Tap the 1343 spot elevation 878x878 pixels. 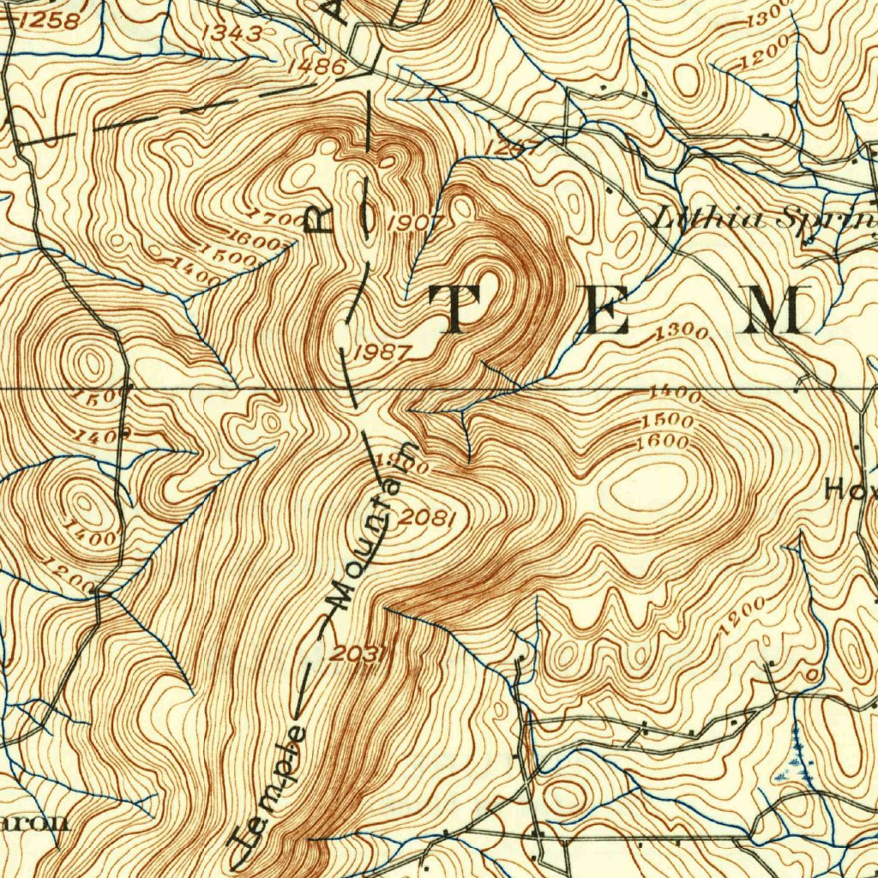[232, 33]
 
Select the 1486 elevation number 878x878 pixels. [316, 66]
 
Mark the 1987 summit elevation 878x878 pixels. [382, 352]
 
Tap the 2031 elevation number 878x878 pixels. [362, 653]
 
